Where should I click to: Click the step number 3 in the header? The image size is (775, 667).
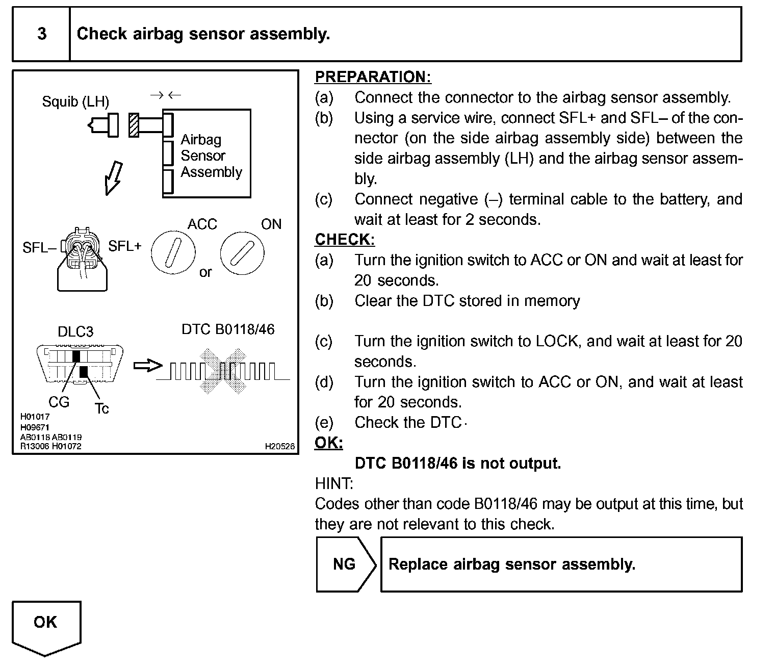pos(42,34)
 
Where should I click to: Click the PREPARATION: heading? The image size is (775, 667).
pos(373,77)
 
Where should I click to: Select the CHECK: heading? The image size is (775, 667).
pos(345,240)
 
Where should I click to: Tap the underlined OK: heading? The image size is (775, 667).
pos(329,443)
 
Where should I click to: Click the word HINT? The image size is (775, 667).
pos(334,483)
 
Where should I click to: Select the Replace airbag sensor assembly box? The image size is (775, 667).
pos(561,564)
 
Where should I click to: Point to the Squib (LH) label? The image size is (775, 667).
pos(75,101)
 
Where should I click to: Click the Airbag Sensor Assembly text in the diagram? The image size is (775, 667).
pos(211,156)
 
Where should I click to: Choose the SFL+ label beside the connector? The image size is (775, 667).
pos(124,246)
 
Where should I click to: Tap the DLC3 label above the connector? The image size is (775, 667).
pos(75,332)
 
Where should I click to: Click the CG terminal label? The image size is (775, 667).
pos(59,402)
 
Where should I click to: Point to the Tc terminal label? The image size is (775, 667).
pos(101,408)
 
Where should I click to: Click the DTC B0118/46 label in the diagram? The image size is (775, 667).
pos(228,329)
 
